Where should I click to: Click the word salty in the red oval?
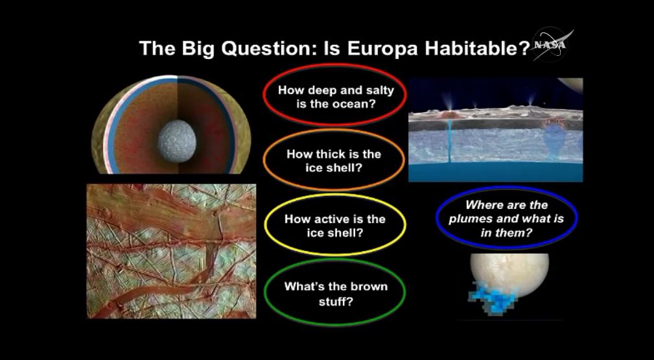tap(379, 90)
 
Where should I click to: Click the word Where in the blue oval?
tap(483, 205)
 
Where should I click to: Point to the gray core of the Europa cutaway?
tap(176, 141)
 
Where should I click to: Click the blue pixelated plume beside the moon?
tap(491, 296)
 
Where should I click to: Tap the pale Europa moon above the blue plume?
tap(509, 274)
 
